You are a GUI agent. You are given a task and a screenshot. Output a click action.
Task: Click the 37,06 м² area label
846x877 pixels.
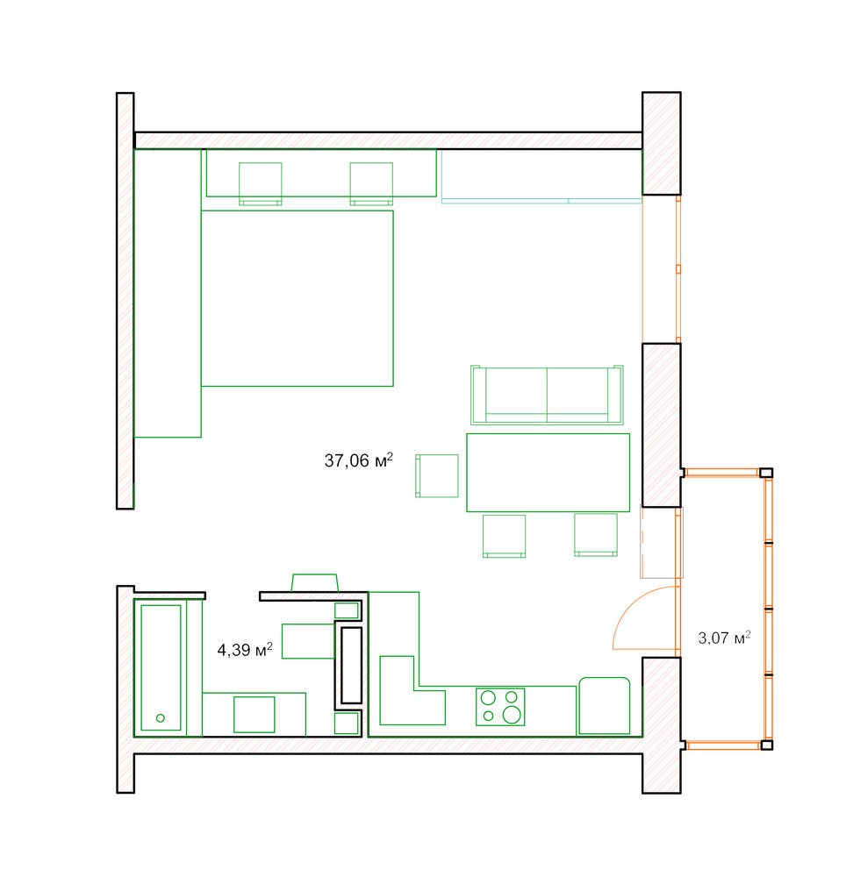point(358,460)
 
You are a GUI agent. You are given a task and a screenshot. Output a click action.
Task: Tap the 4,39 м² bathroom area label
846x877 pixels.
point(245,649)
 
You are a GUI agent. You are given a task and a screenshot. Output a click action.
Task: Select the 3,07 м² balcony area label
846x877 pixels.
point(724,638)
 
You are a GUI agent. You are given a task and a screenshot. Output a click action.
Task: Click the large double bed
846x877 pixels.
point(298,298)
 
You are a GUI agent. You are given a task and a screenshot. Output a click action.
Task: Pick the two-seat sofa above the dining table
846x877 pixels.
point(547,395)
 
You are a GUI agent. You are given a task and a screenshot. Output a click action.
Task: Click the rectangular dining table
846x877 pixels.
point(548,473)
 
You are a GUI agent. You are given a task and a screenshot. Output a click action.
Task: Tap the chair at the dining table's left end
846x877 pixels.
point(436,476)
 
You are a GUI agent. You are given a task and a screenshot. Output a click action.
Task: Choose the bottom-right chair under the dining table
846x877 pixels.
point(596,535)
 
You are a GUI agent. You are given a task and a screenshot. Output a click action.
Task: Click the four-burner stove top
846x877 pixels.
point(500,706)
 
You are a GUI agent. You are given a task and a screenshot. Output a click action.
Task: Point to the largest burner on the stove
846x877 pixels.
point(512,714)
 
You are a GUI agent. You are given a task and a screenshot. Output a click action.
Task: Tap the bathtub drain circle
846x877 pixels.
point(161,718)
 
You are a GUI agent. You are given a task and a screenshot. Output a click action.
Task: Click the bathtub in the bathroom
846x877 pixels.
point(161,667)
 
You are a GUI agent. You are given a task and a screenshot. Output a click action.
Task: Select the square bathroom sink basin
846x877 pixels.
point(254,714)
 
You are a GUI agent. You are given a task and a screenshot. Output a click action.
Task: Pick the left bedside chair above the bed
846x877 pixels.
point(260,184)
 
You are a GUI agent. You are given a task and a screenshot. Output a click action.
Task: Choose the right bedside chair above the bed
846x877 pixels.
point(371,184)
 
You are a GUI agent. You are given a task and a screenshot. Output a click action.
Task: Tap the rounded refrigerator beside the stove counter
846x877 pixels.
point(605,706)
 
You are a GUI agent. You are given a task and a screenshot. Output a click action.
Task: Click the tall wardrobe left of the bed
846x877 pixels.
point(168,293)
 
